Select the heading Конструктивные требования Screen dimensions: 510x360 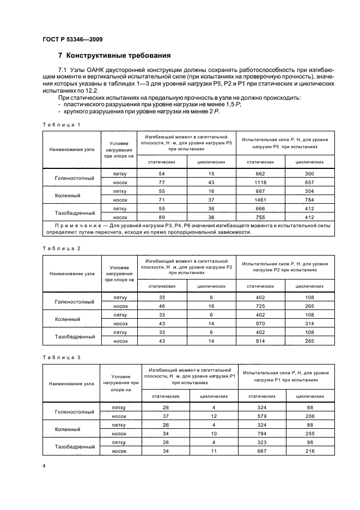click(114, 56)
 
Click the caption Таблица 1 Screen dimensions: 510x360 click(62, 125)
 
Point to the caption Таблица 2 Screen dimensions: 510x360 click(62, 248)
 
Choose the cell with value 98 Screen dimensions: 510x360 click(310, 442)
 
